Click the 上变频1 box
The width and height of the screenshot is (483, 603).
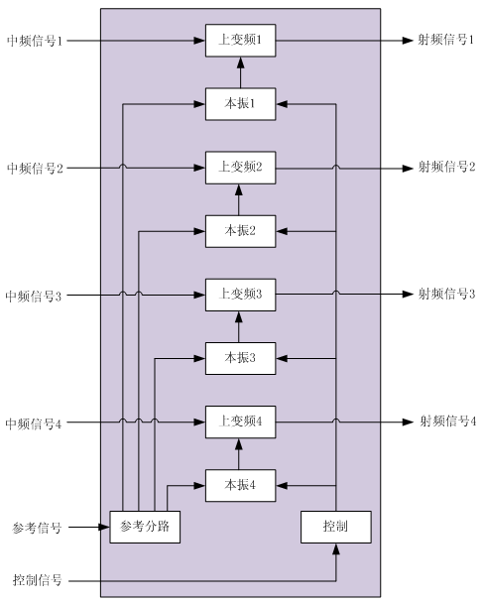click(x=240, y=41)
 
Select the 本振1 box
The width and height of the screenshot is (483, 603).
click(x=240, y=104)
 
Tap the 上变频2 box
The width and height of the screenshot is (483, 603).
click(x=240, y=168)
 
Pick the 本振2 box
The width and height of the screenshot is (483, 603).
click(x=240, y=231)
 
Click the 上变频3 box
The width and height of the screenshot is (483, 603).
click(x=240, y=295)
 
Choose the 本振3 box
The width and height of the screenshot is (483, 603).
click(x=240, y=358)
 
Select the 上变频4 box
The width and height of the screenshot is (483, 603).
click(x=240, y=422)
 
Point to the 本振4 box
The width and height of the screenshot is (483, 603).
click(x=240, y=485)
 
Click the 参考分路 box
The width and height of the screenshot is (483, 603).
click(x=145, y=527)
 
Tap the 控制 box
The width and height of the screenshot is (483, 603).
click(x=335, y=527)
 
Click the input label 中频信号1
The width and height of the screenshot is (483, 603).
click(x=35, y=41)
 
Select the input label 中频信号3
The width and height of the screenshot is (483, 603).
click(x=34, y=296)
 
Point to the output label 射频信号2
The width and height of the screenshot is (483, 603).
click(x=447, y=167)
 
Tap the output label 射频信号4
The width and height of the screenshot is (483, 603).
click(x=448, y=422)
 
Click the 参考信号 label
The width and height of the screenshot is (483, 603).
click(x=37, y=528)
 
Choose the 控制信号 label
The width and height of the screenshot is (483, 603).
click(x=37, y=579)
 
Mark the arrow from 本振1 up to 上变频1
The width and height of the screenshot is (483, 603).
click(x=241, y=72)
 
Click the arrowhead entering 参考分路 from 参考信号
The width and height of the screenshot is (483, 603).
click(x=104, y=527)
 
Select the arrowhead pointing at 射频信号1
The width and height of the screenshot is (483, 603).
click(x=408, y=41)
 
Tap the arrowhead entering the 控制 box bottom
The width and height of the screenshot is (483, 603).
click(x=336, y=549)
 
